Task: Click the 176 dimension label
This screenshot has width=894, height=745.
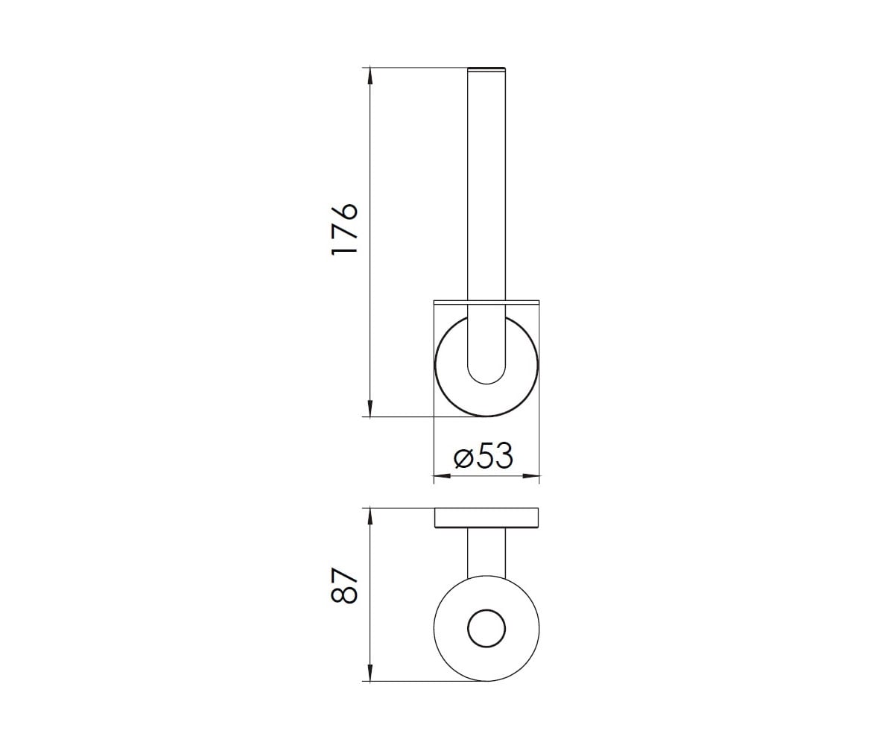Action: click(344, 229)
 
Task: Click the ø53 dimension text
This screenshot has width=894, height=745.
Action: click(484, 455)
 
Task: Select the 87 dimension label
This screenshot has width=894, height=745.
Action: click(344, 586)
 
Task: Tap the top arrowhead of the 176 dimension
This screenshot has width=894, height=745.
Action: click(370, 75)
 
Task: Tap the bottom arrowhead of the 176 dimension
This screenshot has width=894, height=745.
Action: click(370, 408)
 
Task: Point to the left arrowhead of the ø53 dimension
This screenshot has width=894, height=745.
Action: click(443, 476)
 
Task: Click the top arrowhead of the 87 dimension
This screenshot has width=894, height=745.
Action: click(370, 517)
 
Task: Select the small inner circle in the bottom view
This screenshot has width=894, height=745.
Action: click(486, 629)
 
